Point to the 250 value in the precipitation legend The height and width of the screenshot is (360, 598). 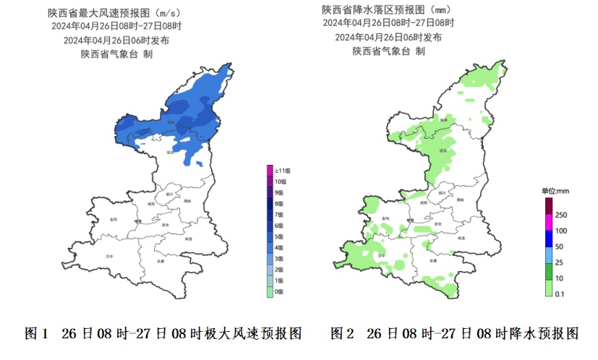[560, 215]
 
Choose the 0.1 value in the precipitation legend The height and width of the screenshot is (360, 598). [559, 293]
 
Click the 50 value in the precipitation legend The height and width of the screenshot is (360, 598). [559, 247]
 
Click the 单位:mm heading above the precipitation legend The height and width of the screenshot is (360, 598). [555, 191]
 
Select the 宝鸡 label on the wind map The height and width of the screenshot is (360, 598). [113, 218]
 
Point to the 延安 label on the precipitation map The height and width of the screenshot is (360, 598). [442, 151]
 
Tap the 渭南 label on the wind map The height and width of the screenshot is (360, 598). [187, 200]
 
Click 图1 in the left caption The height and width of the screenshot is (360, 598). [36, 333]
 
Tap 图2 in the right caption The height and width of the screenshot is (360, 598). [342, 333]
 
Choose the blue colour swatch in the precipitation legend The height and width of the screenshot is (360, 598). [548, 239]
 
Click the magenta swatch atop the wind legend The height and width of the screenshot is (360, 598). [270, 170]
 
